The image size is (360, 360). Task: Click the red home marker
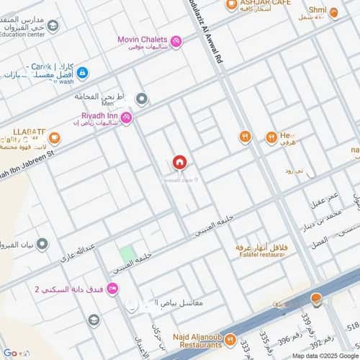coord(179,163)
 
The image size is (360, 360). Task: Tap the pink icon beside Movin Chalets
coord(176,42)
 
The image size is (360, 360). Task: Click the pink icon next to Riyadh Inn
coord(126,117)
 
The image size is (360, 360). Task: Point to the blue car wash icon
coord(82,73)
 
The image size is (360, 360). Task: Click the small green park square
coord(127,253)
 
